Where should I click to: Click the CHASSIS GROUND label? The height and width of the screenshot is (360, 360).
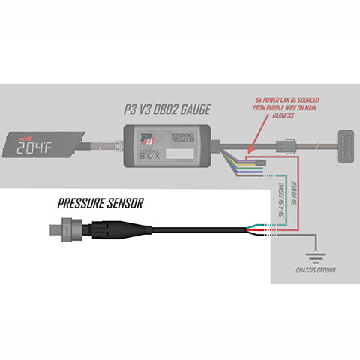(x=315, y=268)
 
